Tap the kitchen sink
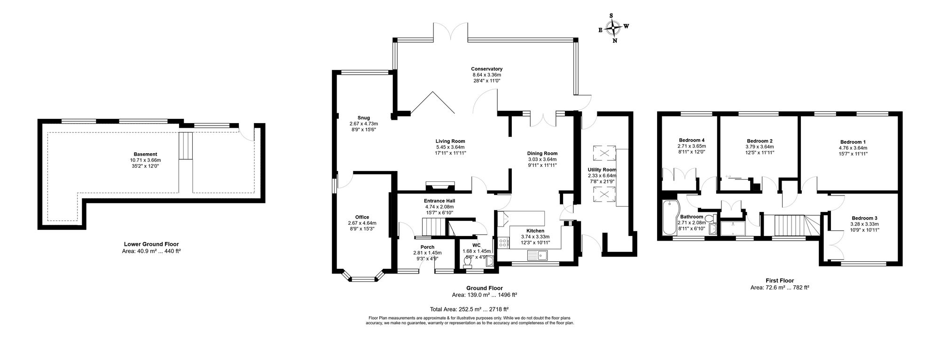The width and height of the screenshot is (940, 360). pyautogui.click(x=539, y=256)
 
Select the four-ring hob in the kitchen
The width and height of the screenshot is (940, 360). pyautogui.click(x=503, y=243)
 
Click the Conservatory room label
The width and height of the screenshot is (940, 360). pyautogui.click(x=486, y=69)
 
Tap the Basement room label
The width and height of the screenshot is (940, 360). pyautogui.click(x=145, y=154)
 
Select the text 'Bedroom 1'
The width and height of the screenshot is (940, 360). pyautogui.click(x=853, y=142)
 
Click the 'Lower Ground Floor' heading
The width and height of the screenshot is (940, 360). pyautogui.click(x=151, y=244)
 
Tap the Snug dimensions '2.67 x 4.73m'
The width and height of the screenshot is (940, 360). pyautogui.click(x=363, y=124)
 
